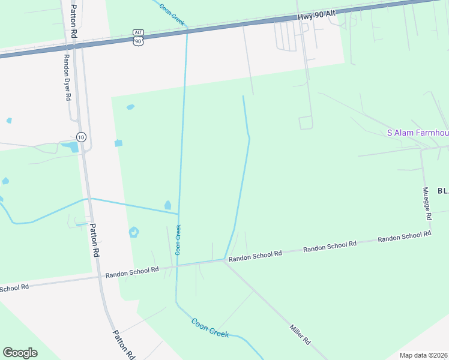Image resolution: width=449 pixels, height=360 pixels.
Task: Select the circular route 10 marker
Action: click(x=82, y=137)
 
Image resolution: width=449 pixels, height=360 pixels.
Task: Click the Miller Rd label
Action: click(x=300, y=334)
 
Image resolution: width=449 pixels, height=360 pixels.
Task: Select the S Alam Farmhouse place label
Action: click(x=417, y=133)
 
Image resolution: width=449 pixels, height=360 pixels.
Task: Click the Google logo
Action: click(x=20, y=353)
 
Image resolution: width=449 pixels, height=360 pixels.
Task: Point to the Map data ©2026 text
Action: click(x=423, y=355)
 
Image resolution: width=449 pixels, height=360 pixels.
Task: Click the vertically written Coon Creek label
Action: click(x=178, y=239)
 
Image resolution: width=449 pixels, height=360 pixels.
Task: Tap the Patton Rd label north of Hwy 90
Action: click(x=73, y=22)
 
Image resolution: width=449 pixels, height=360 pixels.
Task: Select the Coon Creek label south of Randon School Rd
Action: click(x=209, y=328)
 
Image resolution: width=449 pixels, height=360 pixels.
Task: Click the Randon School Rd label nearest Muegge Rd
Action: click(x=404, y=236)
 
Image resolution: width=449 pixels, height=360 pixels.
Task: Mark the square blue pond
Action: click(x=118, y=143)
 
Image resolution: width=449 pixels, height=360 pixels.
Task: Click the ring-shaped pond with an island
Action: click(x=134, y=232)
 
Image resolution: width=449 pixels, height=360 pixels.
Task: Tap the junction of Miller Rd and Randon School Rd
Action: click(x=224, y=260)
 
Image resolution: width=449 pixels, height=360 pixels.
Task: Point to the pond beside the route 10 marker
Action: click(x=71, y=146)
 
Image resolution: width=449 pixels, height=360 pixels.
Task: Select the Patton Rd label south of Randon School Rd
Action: click(x=123, y=344)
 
